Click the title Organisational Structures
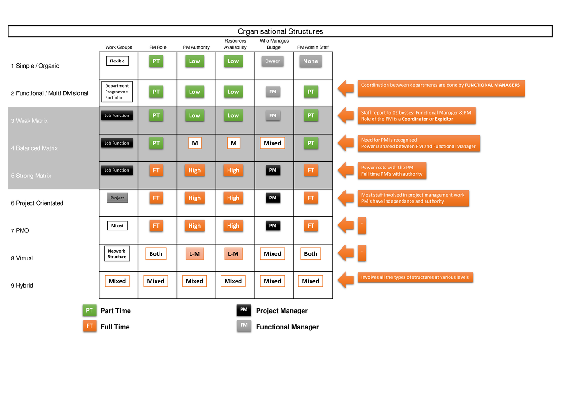click(280, 31)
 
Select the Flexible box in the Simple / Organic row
click(117, 61)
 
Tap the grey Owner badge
click(273, 61)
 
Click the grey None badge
click(310, 61)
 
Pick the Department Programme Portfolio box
click(117, 92)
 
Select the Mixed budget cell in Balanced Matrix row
click(273, 143)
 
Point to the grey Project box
click(117, 198)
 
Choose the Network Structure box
click(117, 254)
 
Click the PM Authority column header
click(196, 47)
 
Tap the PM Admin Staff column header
click(313, 47)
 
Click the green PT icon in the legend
click(89, 311)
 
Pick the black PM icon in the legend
click(244, 310)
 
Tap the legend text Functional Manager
click(287, 327)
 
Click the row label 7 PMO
click(20, 230)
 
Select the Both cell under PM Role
click(156, 254)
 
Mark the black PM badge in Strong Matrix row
click(273, 170)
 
